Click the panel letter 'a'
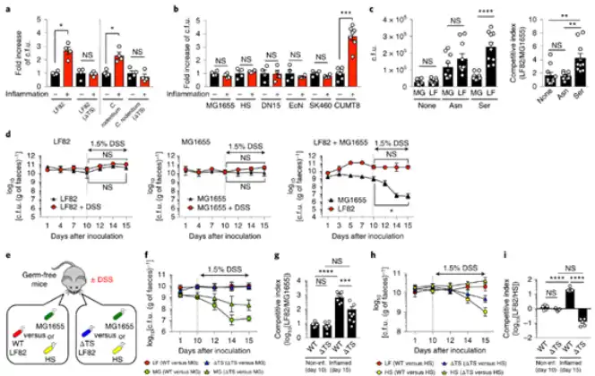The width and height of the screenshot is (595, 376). pyautogui.click(x=7, y=8)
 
